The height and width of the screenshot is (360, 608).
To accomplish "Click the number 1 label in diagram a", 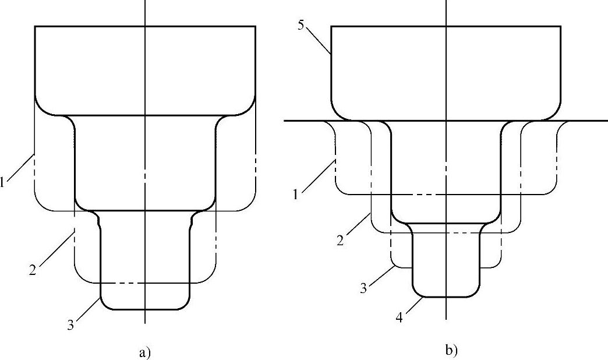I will pos(3,182).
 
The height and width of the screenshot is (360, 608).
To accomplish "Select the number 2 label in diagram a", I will pos(34,269).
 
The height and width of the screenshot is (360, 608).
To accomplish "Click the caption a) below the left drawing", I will pos(145,352).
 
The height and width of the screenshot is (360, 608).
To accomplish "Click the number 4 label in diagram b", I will pos(400,318).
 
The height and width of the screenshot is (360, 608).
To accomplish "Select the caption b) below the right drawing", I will pos(452,350).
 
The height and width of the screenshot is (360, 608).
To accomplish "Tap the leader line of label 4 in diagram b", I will pos(413,306).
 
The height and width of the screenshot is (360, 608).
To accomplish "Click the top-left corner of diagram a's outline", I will pos(35,26).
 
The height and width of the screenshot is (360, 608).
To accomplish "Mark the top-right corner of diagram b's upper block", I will pos(560,27).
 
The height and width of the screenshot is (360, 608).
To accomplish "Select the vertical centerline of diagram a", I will pos(144,58).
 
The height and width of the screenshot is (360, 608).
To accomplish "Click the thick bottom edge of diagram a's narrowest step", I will pos(145,309).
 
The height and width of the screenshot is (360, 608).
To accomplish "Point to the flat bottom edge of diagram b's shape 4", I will pos(446,297).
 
